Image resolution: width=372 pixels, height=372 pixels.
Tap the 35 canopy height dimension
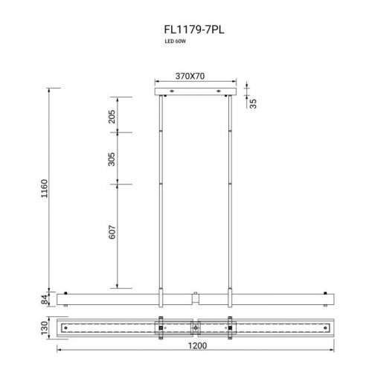(254, 103)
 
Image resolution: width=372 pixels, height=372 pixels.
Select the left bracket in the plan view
(161, 327)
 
